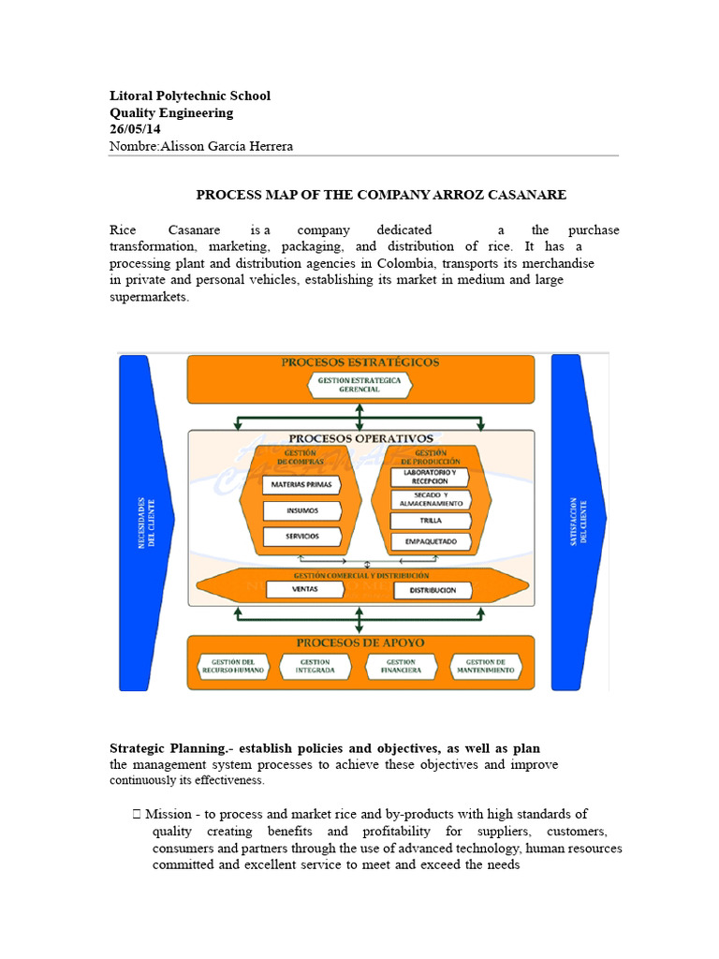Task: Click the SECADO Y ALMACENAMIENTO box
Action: coord(431,499)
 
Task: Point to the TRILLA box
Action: coord(431,521)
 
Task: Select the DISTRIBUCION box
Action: coord(432,590)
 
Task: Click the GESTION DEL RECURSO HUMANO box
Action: coord(233,666)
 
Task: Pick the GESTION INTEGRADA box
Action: coord(315,666)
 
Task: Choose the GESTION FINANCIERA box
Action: coord(401,666)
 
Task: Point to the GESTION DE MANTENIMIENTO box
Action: coord(486,666)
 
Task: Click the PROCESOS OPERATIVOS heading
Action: coord(360,438)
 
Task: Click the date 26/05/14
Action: coord(131,129)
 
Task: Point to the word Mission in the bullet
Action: coord(168,814)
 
